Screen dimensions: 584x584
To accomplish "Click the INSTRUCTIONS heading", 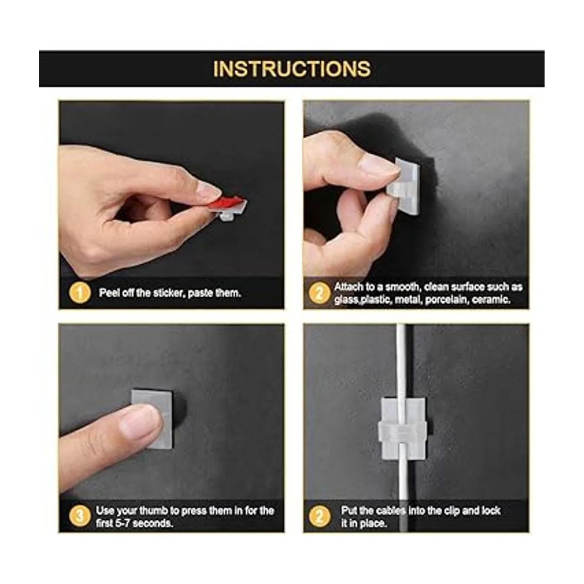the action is (292, 69).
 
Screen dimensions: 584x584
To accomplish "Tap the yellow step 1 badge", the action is (80, 293).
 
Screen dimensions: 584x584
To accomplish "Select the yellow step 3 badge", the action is (80, 516).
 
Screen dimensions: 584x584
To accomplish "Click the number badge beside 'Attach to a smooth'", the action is (319, 293).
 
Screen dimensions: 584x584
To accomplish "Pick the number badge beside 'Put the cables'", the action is (319, 516).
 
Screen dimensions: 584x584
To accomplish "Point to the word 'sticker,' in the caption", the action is (169, 293).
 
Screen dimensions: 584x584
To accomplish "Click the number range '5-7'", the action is (122, 523).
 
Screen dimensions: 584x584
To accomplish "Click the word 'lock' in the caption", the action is (491, 511).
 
